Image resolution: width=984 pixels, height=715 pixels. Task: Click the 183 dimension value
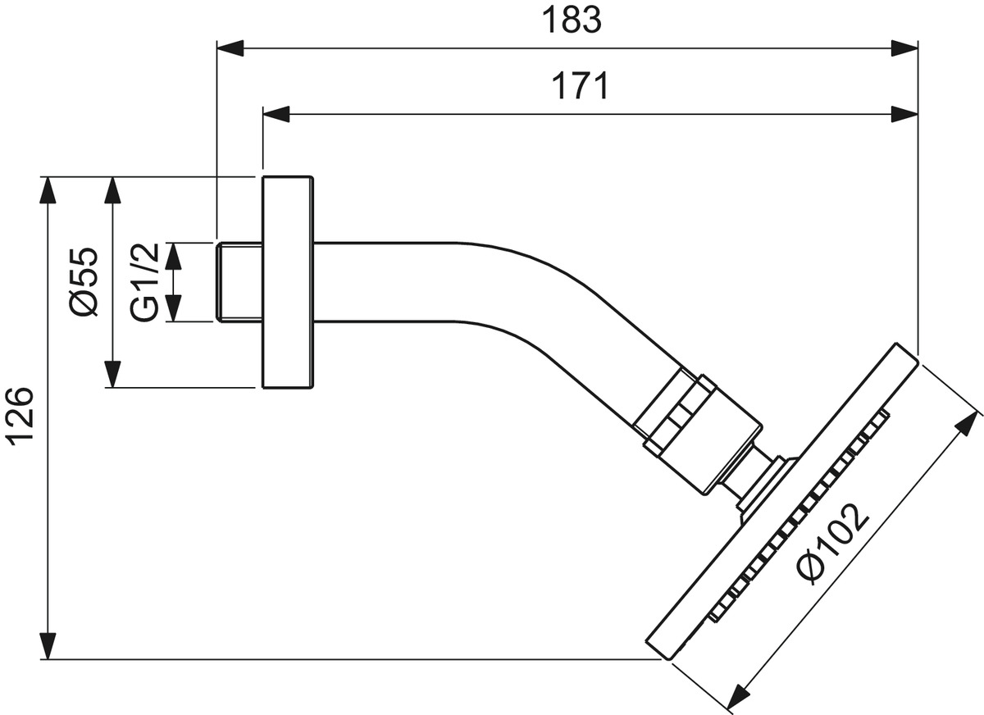pyautogui.click(x=572, y=21)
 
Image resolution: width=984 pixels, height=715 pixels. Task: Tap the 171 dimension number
pyautogui.click(x=579, y=86)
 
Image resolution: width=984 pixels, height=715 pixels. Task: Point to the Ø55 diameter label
pyautogui.click(x=84, y=281)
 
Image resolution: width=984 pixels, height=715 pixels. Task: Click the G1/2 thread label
pyautogui.click(x=144, y=281)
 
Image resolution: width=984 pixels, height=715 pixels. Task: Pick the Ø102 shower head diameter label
pyautogui.click(x=832, y=543)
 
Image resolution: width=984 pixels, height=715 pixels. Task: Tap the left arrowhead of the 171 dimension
pyautogui.click(x=277, y=113)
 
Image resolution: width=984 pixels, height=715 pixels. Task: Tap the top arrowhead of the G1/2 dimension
pyautogui.click(x=172, y=257)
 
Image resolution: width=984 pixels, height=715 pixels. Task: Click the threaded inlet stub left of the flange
pyautogui.click(x=240, y=281)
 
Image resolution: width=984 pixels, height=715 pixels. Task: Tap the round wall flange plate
pyautogui.click(x=287, y=281)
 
